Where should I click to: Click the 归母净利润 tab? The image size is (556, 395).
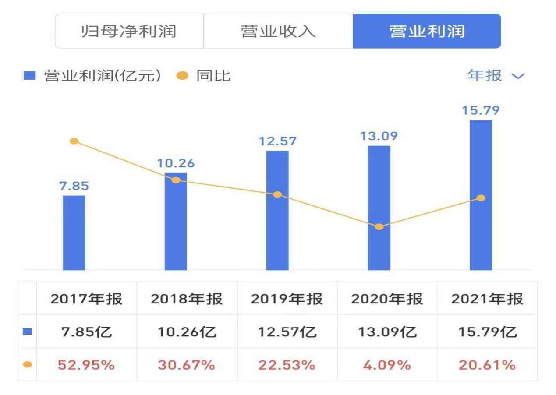(x=129, y=32)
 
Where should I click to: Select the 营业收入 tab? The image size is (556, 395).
(x=278, y=32)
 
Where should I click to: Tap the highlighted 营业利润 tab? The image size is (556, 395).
(x=426, y=32)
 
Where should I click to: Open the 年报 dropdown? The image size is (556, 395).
(x=496, y=76)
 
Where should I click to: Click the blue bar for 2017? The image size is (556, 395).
(x=74, y=233)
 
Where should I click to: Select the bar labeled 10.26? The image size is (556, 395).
(x=175, y=221)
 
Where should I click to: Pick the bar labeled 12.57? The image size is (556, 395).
(x=277, y=210)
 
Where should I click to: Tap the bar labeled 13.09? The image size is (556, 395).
(x=379, y=208)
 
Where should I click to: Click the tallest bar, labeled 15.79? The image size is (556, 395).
(x=481, y=195)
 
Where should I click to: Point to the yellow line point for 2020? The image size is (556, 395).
(x=379, y=227)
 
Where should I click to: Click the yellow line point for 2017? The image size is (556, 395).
(x=74, y=141)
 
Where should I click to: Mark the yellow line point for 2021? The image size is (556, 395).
(x=481, y=198)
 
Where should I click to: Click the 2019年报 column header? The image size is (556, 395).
(x=287, y=299)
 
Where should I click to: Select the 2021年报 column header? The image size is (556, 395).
(x=487, y=299)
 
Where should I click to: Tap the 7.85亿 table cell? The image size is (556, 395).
(x=86, y=332)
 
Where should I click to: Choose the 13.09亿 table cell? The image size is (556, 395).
(x=387, y=332)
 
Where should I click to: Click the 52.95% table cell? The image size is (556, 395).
(x=86, y=365)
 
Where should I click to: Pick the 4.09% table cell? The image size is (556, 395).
(x=387, y=365)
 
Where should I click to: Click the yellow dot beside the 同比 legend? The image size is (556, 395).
(x=182, y=76)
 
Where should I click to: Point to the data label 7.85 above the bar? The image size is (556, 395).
(x=74, y=186)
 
